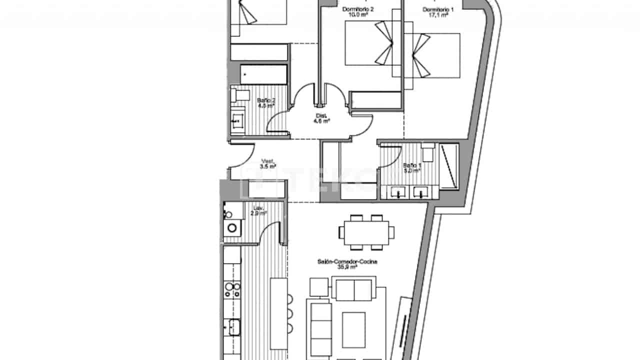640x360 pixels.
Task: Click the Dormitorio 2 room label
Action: (358, 9)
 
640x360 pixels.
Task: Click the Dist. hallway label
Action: (321, 115)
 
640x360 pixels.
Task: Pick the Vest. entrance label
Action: (268, 161)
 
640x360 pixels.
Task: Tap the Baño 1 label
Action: (412, 165)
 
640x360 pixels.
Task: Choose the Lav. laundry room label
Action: (258, 207)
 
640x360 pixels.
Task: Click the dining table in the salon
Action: (366, 232)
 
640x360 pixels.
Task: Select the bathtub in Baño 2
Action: (263, 74)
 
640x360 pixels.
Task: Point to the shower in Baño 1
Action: (448, 166)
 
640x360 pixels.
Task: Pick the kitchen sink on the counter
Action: (233, 328)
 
